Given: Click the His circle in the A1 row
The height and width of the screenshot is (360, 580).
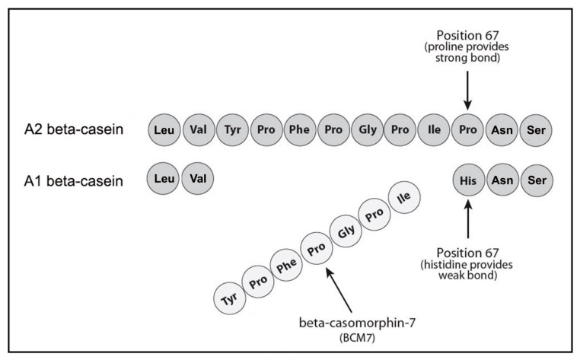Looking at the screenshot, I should point(468,180).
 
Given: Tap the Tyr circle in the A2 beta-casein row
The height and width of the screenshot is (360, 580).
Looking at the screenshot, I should point(231,129).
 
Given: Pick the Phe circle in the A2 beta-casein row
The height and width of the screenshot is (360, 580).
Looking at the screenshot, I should point(299,129).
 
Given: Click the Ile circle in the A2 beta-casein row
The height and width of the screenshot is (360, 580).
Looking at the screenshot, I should point(434,129).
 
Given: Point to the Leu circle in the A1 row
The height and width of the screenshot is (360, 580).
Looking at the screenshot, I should point(164,180).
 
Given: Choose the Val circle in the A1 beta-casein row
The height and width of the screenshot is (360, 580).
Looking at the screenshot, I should point(197,180).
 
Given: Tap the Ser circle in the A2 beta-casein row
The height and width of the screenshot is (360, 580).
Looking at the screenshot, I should point(535,129).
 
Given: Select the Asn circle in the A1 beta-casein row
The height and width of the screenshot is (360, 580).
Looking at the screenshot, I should point(502,180).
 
